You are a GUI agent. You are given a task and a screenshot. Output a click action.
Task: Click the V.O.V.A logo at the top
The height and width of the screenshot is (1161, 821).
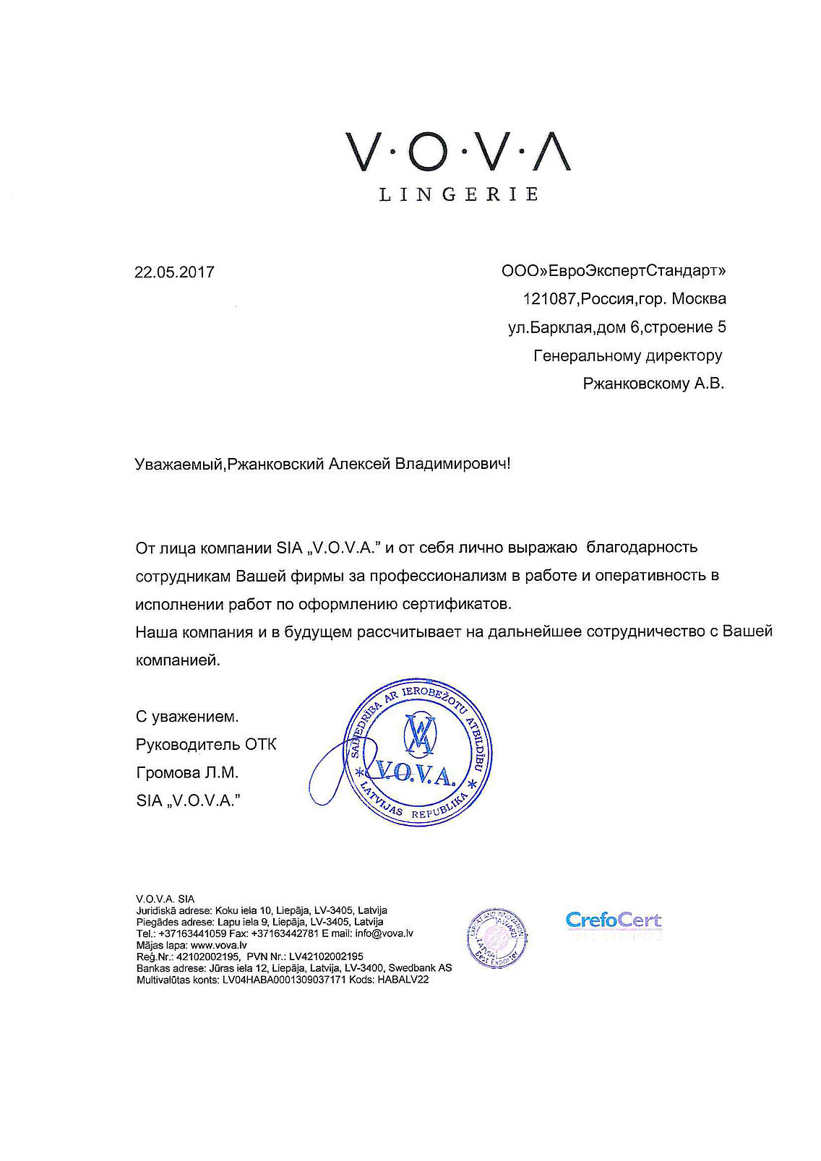458,152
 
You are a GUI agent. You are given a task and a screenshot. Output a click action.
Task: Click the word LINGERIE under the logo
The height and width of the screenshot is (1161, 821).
458,194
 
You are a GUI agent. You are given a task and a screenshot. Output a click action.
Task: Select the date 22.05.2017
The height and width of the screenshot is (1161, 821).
174,272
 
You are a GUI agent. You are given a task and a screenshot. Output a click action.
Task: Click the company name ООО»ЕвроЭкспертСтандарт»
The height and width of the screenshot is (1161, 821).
614,271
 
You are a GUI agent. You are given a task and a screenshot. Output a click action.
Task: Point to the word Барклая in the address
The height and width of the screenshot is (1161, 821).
562,327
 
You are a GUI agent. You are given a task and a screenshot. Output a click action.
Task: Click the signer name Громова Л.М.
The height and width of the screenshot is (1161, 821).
186,772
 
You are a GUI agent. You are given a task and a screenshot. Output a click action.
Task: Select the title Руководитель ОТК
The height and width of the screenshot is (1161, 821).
206,744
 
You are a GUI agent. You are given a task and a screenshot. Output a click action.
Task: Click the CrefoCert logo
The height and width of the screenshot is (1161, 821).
613,920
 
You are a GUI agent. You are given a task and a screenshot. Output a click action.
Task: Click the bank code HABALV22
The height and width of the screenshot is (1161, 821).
403,980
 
